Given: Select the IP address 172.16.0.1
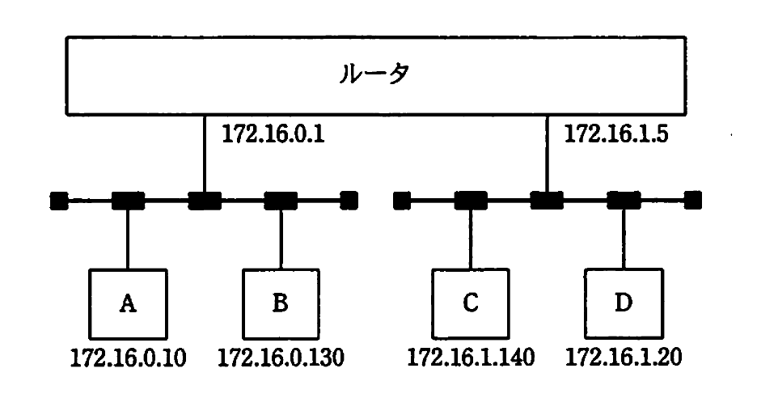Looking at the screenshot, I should (x=273, y=134).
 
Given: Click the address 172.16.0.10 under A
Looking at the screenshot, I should (x=128, y=357).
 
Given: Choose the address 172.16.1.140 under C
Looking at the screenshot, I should (x=471, y=357).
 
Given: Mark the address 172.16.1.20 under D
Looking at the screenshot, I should (x=624, y=357).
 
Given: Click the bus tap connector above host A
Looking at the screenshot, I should (x=128, y=200).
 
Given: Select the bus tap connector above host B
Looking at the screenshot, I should (x=281, y=200).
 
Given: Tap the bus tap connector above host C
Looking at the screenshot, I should (x=471, y=200).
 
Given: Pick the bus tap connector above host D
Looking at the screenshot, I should (x=624, y=200).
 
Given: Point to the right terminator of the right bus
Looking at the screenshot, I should (x=693, y=200).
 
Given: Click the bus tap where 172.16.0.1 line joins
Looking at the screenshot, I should (x=204, y=200).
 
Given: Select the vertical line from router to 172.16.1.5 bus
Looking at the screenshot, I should (x=548, y=154).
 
